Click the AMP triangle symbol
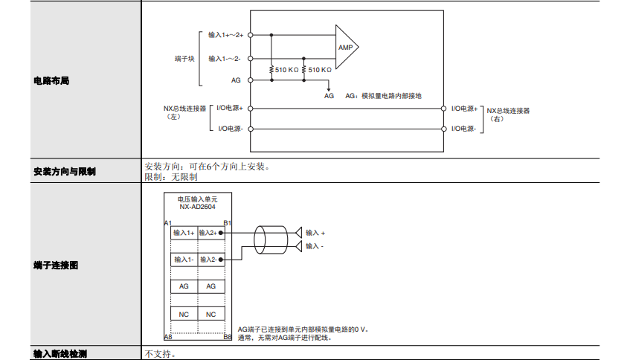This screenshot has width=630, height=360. [346, 47]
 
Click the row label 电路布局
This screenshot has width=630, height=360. [51, 80]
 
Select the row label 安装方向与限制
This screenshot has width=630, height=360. [65, 172]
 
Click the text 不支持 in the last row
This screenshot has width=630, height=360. [160, 353]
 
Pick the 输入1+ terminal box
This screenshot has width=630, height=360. [184, 233]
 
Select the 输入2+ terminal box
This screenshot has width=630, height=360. [210, 233]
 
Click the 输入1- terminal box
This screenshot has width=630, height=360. [184, 260]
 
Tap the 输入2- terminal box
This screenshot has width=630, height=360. [210, 260]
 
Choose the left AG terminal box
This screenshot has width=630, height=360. [184, 286]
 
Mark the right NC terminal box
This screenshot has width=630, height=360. [210, 314]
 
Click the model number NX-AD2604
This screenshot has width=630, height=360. [198, 208]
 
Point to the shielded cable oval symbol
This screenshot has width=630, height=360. [260, 239]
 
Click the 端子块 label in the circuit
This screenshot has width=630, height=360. [184, 57]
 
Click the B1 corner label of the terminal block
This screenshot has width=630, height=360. [228, 222]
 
